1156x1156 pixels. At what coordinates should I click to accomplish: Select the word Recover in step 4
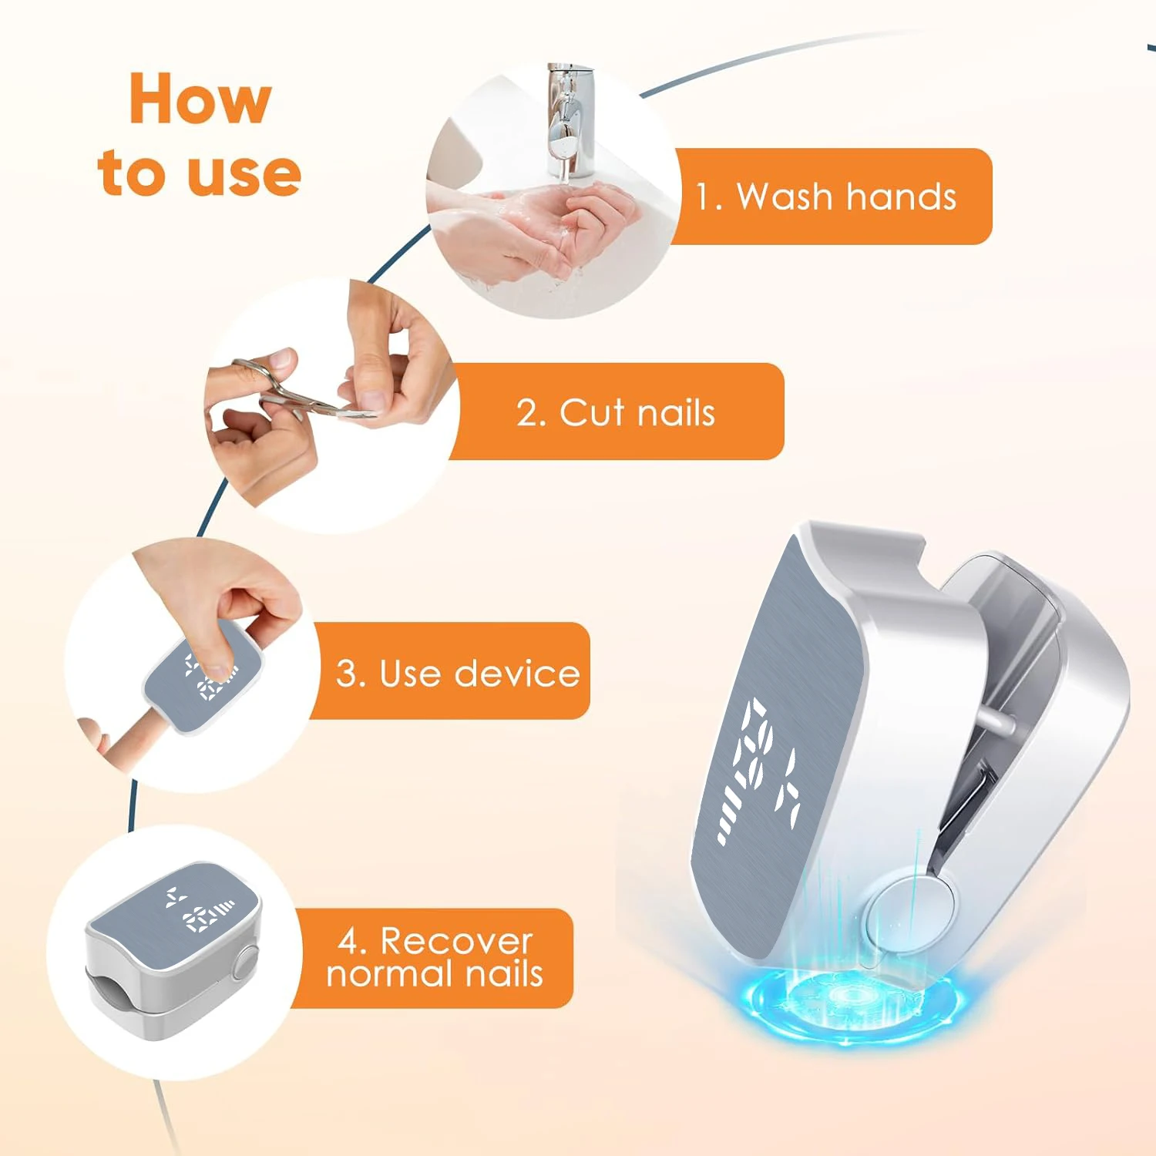click(456, 941)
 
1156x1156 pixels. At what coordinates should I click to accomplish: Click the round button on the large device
click(908, 913)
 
